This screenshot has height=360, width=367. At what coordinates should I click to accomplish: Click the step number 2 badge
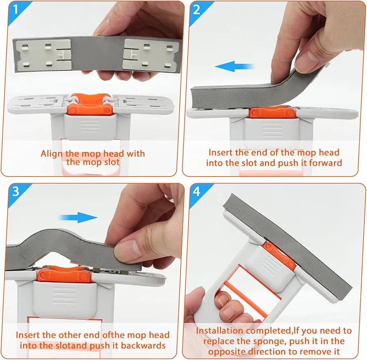pos(197,9)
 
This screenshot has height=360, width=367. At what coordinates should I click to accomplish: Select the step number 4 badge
pos(197,191)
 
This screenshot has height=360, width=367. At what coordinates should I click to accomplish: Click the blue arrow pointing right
pos(78,218)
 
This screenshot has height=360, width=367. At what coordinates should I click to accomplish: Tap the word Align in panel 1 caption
pos(52,154)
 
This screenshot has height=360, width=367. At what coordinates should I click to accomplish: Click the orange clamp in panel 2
pos(271,112)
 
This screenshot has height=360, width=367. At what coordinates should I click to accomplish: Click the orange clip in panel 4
pos(279,255)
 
